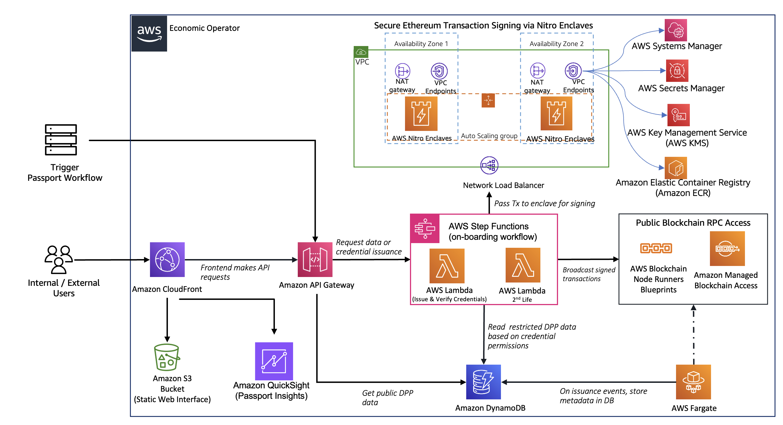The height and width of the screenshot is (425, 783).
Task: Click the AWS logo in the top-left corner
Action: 149,33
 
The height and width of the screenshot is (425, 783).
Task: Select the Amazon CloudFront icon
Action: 167,259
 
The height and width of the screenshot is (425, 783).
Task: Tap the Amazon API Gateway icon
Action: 315,259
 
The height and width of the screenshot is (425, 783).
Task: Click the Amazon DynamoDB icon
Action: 483,382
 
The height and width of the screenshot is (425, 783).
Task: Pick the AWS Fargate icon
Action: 693,382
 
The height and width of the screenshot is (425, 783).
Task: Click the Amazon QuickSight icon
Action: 274,361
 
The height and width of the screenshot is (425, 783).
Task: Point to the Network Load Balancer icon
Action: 489,165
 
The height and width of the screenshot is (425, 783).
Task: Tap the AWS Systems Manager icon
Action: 676,30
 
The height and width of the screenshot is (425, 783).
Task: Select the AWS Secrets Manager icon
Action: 677,71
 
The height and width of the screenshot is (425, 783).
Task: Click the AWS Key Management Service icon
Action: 679,115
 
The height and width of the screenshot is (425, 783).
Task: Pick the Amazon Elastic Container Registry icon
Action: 676,168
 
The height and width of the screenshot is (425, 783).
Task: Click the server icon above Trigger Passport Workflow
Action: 61,140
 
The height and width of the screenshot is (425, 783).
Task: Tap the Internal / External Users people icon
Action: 59,259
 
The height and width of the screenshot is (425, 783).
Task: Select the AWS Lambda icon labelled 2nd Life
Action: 523,265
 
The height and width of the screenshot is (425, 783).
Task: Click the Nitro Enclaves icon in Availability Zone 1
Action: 421,114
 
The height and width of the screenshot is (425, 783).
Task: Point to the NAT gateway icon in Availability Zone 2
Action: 537,71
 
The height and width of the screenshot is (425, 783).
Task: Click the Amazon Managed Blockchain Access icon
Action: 727,249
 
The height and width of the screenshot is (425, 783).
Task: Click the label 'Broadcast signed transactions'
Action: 588,274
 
